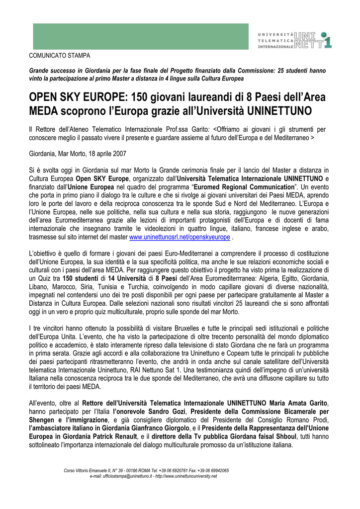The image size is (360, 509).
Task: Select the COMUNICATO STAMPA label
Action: point(55,56)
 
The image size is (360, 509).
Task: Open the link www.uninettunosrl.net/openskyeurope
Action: point(180,238)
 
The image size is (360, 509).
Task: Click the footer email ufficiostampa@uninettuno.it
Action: point(117,476)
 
